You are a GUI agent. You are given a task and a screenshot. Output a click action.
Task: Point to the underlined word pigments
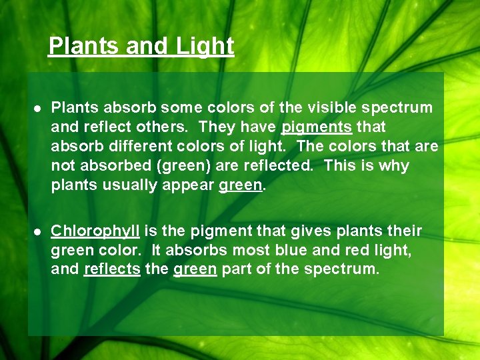317,127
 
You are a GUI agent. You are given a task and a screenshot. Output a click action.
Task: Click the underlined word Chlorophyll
95,231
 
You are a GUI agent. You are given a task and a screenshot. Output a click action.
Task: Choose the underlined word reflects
112,270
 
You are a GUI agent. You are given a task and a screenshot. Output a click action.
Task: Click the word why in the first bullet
394,165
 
